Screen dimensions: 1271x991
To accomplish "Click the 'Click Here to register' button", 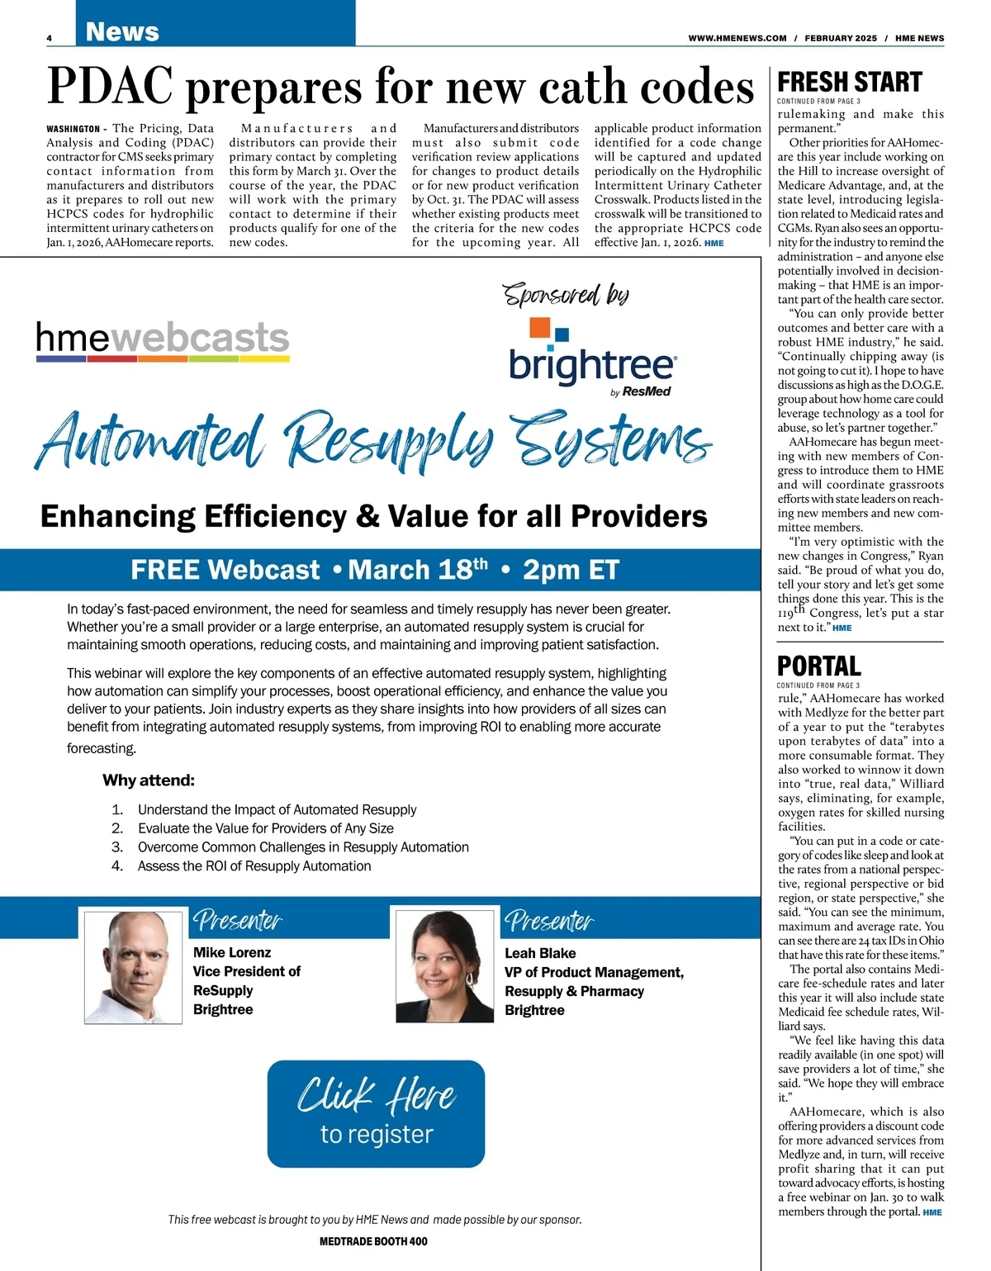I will [376, 1113].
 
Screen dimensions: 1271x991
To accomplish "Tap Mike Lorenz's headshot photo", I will [131, 966].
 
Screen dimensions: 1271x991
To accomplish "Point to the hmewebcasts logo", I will [163, 339].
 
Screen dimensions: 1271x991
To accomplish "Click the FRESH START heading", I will [850, 83].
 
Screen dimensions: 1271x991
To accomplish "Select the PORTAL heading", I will [819, 666].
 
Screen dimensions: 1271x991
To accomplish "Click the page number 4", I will [50, 38].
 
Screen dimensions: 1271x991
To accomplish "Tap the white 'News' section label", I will [122, 31].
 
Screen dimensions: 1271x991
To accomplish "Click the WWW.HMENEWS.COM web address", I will [737, 38].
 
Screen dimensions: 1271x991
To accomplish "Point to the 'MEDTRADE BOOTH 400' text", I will [373, 1241].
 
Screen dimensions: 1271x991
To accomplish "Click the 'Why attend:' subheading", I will [149, 780].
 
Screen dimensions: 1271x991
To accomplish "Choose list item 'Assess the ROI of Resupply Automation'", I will [254, 866].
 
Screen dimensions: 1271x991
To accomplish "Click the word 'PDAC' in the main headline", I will [110, 87].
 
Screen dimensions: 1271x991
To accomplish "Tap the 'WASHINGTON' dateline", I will [73, 129].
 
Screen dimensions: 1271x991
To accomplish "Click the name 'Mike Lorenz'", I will [232, 952].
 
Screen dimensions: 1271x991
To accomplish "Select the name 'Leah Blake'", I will [540, 953].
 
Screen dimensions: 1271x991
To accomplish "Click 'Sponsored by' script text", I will [566, 294].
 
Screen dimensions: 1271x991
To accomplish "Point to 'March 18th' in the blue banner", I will [418, 570].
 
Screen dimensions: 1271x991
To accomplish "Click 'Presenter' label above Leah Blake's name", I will [549, 921].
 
